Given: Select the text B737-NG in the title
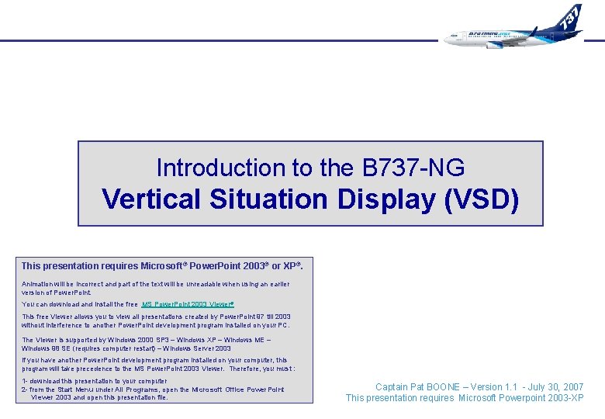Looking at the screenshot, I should pos(413,168).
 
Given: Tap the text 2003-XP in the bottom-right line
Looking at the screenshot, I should pos(565,398).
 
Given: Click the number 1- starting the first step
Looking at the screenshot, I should pos(25,381).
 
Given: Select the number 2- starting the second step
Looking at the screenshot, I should pos(25,390).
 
